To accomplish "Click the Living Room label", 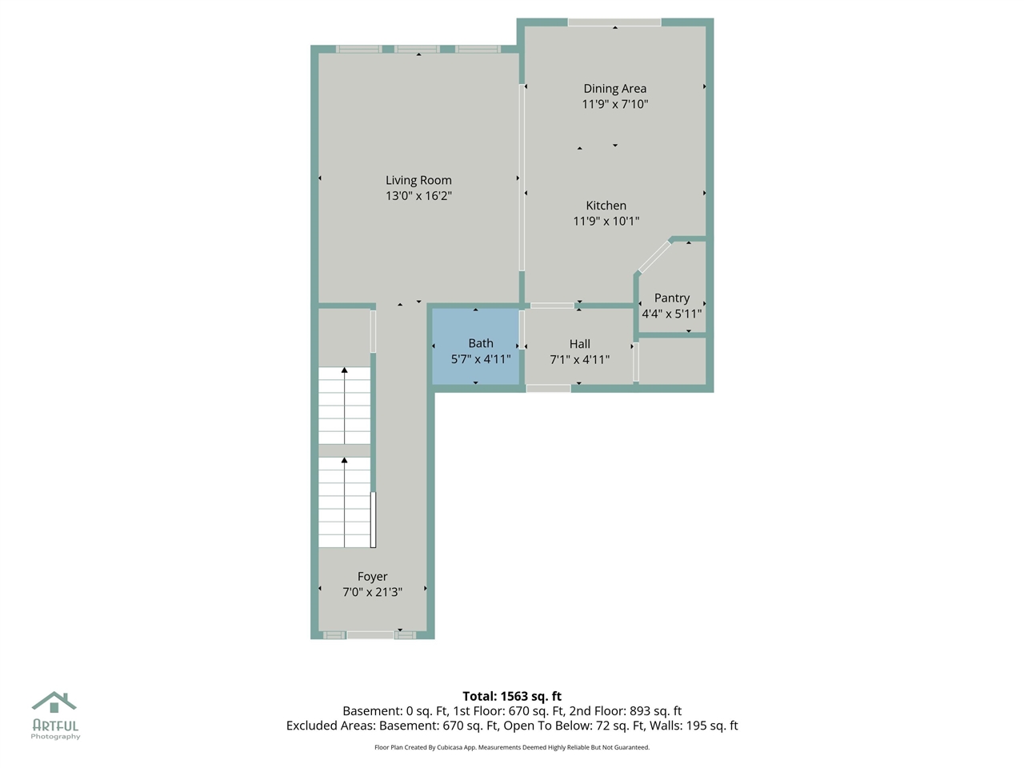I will coord(418,180).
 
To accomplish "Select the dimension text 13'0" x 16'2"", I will coord(418,196).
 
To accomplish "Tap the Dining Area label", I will coord(614,88).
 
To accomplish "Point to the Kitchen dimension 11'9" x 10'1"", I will coord(606,221).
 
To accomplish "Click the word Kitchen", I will coord(606,206).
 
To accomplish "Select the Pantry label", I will coord(671,298).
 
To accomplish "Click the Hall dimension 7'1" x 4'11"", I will coord(579,359).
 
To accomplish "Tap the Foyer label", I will coord(372,576).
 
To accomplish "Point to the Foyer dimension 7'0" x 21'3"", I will coord(372,592).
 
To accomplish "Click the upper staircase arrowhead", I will coord(345,370).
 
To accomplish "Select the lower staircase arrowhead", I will coord(345,461).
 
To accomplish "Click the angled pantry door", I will coord(654,258).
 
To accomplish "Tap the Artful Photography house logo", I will coord(54,702).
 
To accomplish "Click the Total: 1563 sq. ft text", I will coord(512,696).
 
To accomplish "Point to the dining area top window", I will coord(614,22).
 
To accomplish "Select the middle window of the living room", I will coord(417,50).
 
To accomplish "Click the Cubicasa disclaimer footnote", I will coord(512,747).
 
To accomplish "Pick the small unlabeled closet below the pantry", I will coord(672,362).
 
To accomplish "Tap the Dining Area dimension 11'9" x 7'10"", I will coord(614,104).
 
